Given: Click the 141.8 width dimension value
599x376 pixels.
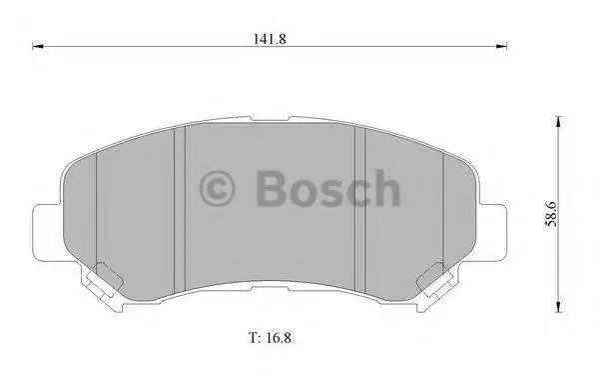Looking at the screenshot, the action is point(270,39).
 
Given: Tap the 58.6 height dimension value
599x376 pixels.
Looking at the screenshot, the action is point(552,214).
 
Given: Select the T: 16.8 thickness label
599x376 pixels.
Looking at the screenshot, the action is point(271,338).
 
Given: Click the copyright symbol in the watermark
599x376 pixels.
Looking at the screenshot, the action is point(217,189).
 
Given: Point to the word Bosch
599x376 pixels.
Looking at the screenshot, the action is point(327,189).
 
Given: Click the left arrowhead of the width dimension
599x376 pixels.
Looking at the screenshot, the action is point(38,46).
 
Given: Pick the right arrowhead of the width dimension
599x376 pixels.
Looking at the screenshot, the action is point(501,46).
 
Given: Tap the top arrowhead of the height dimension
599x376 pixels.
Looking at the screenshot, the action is point(559,122).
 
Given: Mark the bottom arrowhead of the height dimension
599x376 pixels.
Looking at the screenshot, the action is point(559,307).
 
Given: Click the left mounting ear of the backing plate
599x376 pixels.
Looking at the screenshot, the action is point(47,233).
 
